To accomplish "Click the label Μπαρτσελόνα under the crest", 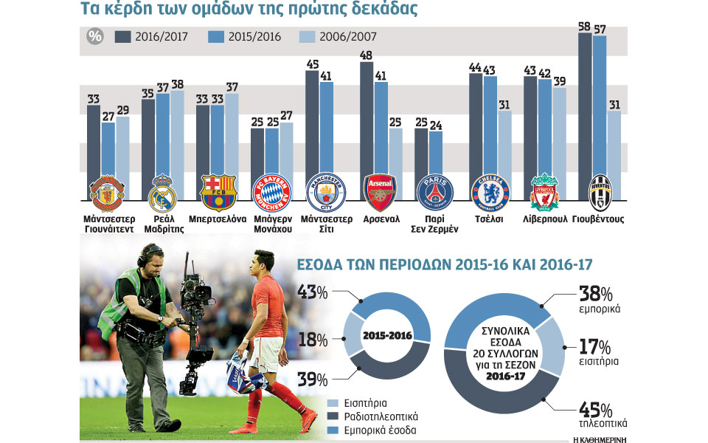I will pyautogui.click(x=217, y=219).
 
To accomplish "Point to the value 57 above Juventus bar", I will pyautogui.click(x=600, y=29).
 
